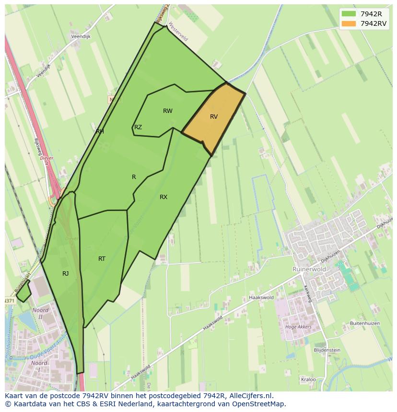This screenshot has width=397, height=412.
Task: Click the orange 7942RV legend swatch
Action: [x=349, y=23]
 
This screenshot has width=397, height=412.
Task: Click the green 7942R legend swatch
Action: [x=349, y=13]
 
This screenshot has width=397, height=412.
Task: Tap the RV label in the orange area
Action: [x=214, y=117]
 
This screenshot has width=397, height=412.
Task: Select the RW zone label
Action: [x=167, y=111]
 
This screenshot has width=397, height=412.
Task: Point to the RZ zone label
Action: [x=138, y=127]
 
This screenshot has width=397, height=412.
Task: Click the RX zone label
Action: [x=163, y=197]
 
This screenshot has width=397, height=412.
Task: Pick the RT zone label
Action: [x=102, y=259]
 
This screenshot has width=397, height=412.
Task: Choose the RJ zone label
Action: [x=65, y=274]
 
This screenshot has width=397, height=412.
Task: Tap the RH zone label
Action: [x=100, y=131]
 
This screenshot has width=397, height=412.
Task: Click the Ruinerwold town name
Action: [x=309, y=269]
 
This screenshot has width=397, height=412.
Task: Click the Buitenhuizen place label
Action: [x=365, y=323]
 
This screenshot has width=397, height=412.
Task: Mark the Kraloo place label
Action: [x=308, y=379]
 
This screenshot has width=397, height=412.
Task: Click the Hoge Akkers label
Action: [x=298, y=327]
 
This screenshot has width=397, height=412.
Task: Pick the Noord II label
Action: [x=40, y=313]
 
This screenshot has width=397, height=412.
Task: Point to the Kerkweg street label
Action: [x=307, y=293]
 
